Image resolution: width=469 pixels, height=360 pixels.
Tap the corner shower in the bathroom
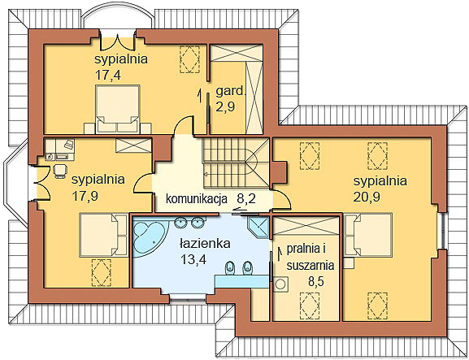258,227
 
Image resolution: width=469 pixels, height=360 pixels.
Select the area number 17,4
108,75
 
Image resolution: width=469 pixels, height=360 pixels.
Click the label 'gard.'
230,91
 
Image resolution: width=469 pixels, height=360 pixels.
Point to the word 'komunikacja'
197,198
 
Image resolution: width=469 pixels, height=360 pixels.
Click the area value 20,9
367,197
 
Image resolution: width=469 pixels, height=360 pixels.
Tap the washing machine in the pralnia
281,284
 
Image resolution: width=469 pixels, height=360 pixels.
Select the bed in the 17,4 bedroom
118,109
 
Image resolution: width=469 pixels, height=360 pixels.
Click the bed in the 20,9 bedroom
368,234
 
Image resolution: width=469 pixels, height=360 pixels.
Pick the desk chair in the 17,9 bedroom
60,171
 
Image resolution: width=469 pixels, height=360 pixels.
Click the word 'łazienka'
205,244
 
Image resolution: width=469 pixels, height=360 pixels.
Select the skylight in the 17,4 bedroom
189,59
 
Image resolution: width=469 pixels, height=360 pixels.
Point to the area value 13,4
193,259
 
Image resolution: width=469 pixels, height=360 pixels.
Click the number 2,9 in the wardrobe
225,106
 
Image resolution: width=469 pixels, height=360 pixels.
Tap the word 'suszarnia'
310,265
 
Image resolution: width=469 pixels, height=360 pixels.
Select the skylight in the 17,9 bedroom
102,273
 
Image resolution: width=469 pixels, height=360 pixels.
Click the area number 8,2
246,198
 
